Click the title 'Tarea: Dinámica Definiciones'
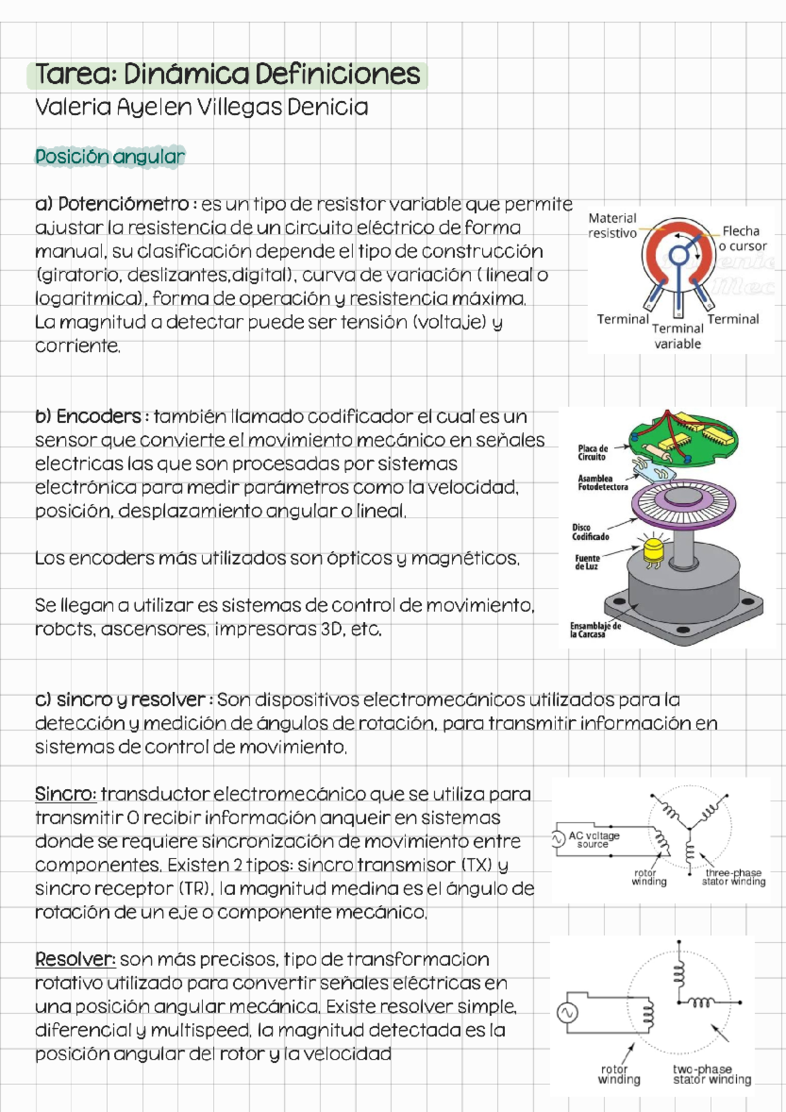click(227, 75)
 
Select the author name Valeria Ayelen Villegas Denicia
click(201, 107)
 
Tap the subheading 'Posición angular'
click(110, 157)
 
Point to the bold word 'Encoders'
click(98, 417)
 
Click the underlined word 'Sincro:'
click(65, 794)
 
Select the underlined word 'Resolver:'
click(75, 959)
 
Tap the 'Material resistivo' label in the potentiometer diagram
click(612, 225)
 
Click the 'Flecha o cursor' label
click(742, 239)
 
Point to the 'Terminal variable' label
click(678, 336)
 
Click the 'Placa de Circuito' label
click(593, 453)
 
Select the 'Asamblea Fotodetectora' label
click(602, 483)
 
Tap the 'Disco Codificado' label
click(590, 532)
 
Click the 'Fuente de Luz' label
click(587, 562)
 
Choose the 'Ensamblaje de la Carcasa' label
click(595, 630)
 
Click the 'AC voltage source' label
click(593, 840)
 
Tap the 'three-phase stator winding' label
click(734, 877)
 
